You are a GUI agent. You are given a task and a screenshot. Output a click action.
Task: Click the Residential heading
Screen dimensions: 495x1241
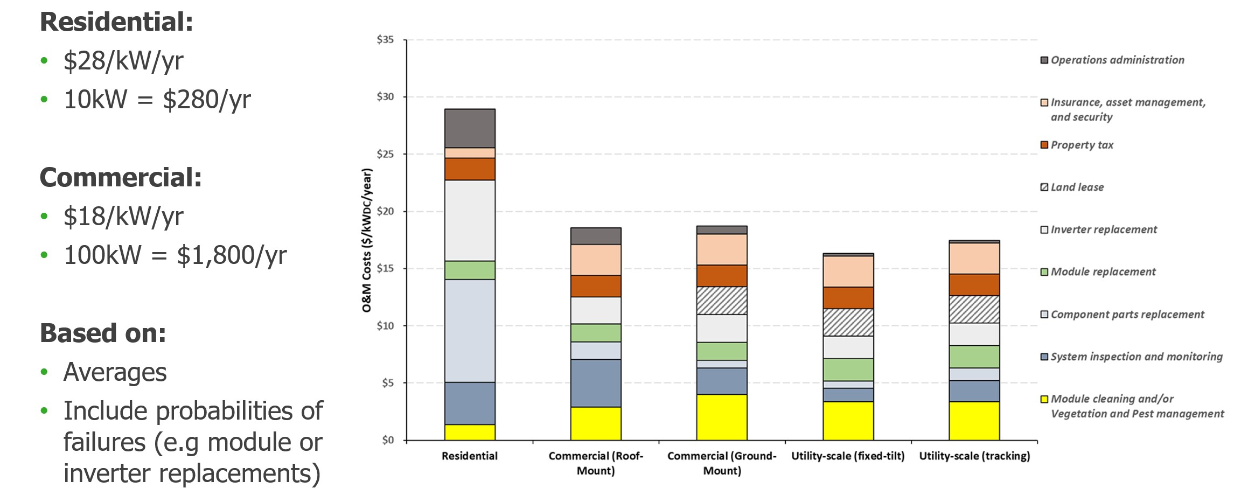[116, 23]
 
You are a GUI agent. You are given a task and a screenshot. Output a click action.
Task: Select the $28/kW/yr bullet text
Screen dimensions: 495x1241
[123, 61]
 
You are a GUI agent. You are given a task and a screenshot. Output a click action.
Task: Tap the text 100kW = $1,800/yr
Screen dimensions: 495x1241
[175, 255]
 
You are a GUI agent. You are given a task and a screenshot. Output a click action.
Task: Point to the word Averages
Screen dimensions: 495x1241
[115, 372]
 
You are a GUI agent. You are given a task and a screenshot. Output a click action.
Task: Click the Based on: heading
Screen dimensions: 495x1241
[103, 333]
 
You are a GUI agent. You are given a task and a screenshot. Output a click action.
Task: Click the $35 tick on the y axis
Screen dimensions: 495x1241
[385, 40]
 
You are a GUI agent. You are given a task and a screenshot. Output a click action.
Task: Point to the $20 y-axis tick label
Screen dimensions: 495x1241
[385, 212]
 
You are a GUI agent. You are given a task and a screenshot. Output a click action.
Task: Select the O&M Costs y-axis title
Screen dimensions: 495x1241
[367, 240]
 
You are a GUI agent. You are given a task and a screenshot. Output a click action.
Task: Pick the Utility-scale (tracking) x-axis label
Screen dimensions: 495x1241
[974, 456]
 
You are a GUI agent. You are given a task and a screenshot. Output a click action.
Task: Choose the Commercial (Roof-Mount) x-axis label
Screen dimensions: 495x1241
[596, 463]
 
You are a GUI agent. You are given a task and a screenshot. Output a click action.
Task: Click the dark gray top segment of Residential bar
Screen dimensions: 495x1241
[470, 128]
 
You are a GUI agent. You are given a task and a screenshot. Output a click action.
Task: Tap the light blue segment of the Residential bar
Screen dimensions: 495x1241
[470, 331]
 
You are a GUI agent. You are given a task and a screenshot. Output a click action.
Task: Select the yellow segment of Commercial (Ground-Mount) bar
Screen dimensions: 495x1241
[722, 417]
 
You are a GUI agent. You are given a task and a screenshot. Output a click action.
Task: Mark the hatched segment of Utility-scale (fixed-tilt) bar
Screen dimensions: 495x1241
[848, 322]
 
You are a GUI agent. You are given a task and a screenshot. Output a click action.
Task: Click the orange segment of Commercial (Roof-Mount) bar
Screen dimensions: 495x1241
[596, 286]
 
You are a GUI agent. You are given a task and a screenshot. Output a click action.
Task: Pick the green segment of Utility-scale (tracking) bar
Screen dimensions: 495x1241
[974, 357]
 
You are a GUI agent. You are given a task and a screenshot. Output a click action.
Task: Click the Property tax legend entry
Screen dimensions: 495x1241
[1082, 145]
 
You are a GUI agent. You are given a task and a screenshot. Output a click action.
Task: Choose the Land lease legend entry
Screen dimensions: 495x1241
[1077, 187]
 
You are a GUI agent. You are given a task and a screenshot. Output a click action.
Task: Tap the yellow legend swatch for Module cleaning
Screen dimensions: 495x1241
[1044, 399]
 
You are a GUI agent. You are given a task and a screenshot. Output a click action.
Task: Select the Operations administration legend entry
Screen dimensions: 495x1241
[1117, 60]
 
